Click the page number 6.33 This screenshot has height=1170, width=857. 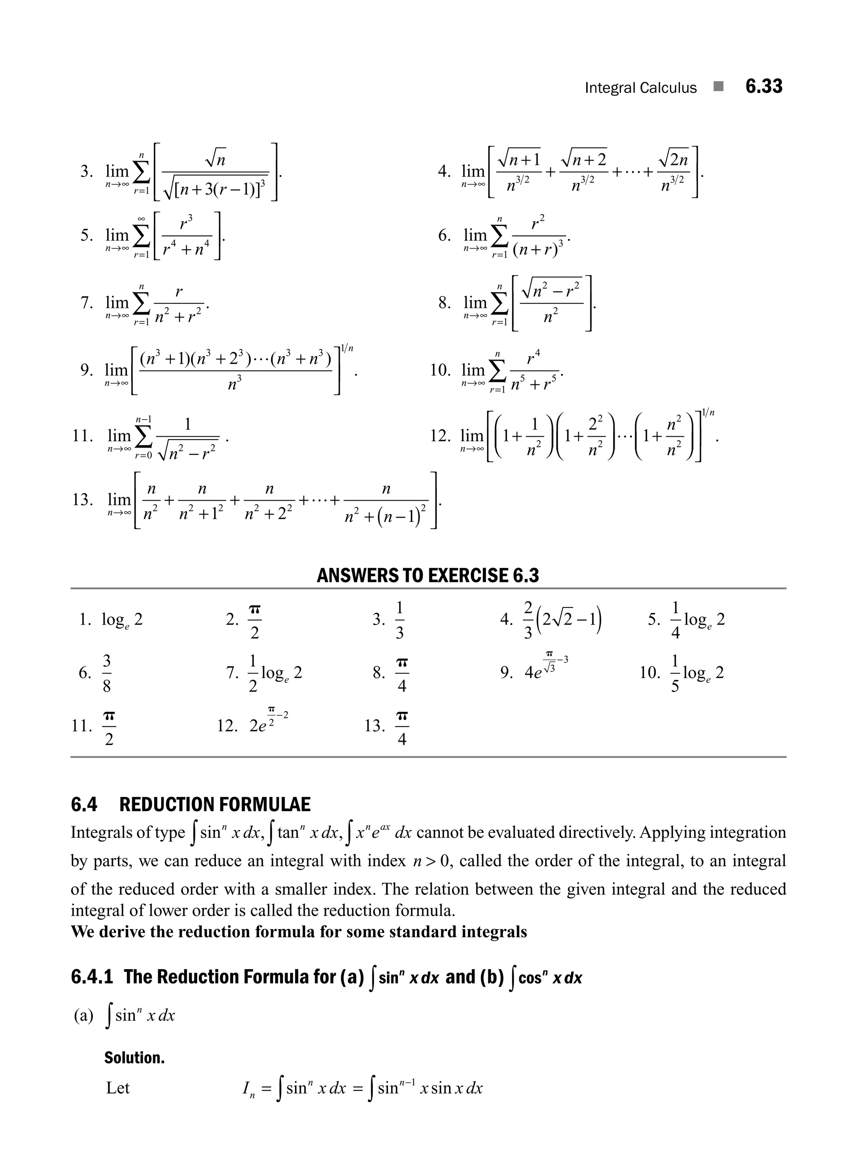point(763,86)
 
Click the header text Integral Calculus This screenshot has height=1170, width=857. point(640,88)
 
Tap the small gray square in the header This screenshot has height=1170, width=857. point(718,87)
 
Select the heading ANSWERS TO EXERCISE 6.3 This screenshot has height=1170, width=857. point(428,575)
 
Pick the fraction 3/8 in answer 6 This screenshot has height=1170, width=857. point(106,673)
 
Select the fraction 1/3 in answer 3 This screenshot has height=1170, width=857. point(400,619)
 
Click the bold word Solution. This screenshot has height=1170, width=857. point(134,1057)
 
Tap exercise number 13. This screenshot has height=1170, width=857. point(82,499)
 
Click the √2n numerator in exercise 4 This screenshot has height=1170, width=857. point(674,158)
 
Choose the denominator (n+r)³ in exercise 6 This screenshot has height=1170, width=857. point(538,249)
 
